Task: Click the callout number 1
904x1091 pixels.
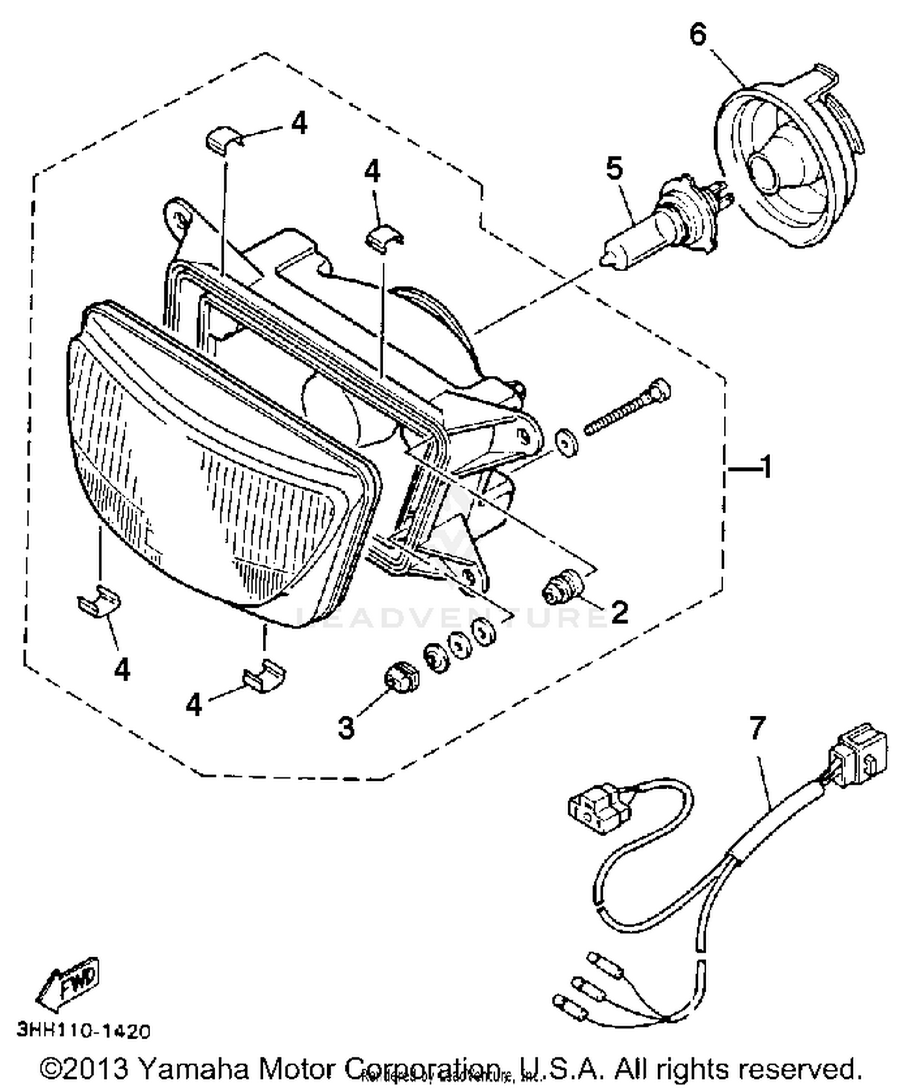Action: click(x=766, y=467)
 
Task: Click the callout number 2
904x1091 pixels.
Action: click(x=618, y=611)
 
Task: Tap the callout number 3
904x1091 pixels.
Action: click(x=346, y=727)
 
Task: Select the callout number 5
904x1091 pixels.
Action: click(x=614, y=169)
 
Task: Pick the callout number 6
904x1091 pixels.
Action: click(x=697, y=35)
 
